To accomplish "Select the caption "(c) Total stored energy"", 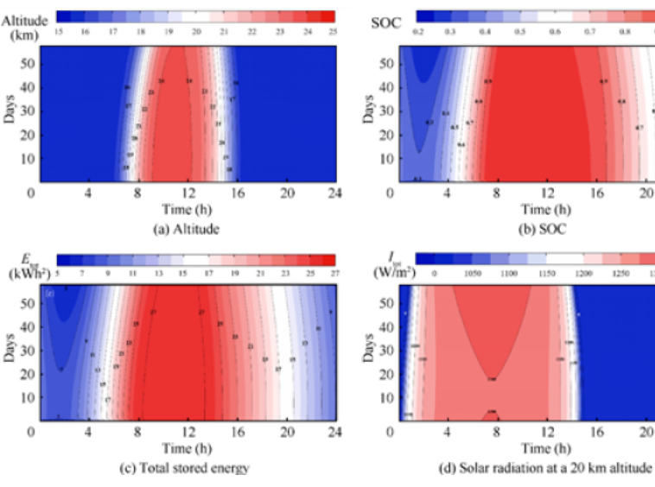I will pos(184,468).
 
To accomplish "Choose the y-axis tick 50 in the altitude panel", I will pos(28,63).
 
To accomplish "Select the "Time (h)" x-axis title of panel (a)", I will pos(184,208).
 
